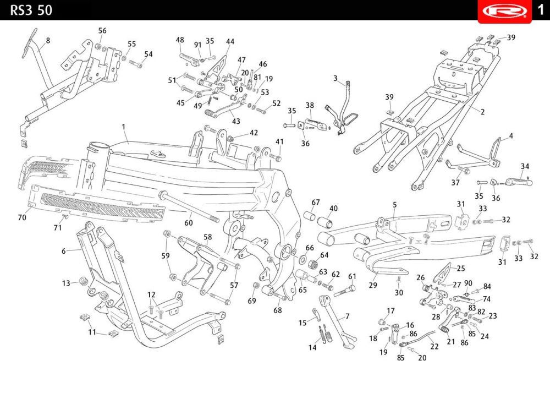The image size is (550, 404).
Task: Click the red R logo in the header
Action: (x=505, y=11)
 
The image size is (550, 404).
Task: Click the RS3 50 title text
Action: (x=31, y=10)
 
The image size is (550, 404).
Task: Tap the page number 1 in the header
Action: (x=541, y=9)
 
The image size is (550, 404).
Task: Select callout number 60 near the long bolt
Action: (x=189, y=222)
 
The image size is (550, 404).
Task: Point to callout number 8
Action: (x=48, y=40)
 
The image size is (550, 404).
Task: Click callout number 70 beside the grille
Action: (x=22, y=217)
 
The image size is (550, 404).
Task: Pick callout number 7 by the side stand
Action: (x=347, y=316)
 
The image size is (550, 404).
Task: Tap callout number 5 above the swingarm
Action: (x=394, y=205)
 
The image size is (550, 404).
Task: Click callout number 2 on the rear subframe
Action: (x=483, y=112)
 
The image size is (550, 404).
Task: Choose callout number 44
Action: (x=230, y=41)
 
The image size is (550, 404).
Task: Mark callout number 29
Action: (x=373, y=285)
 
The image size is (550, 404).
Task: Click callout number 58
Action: (x=208, y=237)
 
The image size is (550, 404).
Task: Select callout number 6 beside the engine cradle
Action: (x=63, y=251)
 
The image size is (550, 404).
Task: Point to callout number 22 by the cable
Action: (x=435, y=346)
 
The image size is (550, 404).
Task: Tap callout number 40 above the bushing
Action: (x=333, y=208)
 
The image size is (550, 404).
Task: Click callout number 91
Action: (x=198, y=45)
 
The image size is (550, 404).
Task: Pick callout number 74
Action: (x=487, y=299)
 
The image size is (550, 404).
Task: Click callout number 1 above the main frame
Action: (x=123, y=127)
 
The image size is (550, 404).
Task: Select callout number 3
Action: (x=335, y=78)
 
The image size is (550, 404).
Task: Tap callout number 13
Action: (x=67, y=283)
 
